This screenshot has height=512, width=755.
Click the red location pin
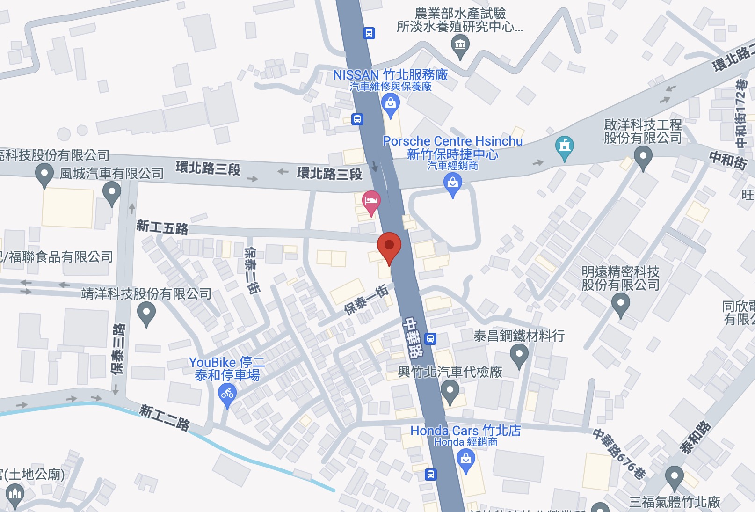389,246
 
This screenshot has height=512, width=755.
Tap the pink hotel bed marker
371,202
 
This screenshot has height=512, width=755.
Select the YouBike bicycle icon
227,394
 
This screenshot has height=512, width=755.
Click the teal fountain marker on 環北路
565,146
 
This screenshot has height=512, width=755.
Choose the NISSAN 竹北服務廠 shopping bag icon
391,104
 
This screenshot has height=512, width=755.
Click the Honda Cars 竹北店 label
465,431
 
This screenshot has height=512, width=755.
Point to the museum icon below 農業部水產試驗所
460,46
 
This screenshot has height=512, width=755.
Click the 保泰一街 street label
366,300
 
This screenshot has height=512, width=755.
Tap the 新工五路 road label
162,227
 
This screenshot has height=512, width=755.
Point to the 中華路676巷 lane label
619,453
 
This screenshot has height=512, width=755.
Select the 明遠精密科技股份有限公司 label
620,278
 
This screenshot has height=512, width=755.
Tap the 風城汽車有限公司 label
111,174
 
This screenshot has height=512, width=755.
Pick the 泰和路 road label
696,437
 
